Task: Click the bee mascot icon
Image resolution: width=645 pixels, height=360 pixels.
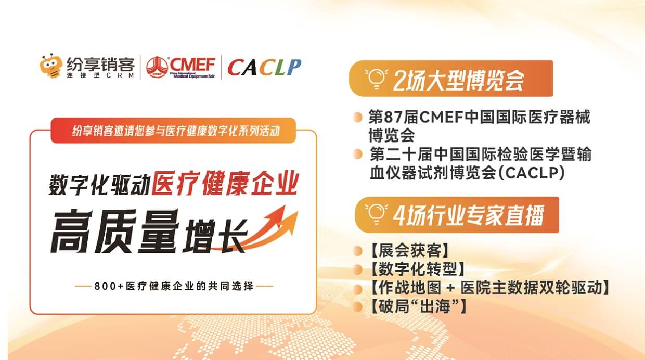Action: [51, 67]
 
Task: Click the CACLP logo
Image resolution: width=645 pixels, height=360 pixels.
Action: [264, 67]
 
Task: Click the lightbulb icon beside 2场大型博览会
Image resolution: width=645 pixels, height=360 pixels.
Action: [375, 78]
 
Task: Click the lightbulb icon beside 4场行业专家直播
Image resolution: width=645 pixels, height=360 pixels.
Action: [375, 214]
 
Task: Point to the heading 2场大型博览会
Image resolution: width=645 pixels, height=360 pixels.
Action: [458, 79]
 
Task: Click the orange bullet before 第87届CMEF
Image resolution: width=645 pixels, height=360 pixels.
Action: [357, 118]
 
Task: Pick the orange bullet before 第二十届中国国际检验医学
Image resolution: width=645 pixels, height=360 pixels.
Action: [357, 155]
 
